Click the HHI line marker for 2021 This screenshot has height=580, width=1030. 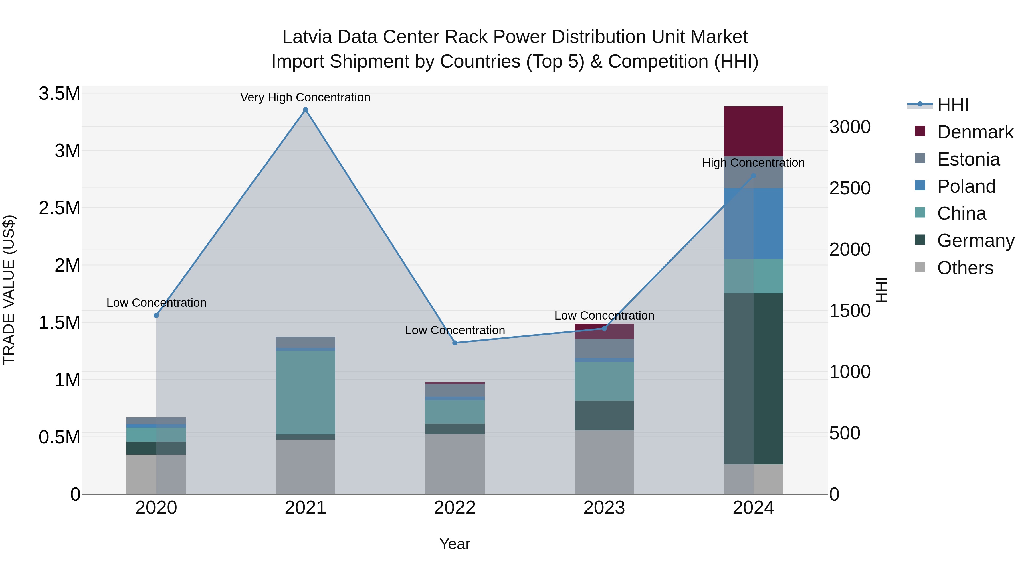pyautogui.click(x=306, y=110)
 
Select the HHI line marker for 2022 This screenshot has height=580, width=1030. pyautogui.click(x=455, y=343)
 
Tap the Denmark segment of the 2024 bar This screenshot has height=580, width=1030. pyautogui.click(x=753, y=131)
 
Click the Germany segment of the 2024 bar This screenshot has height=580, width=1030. pyautogui.click(x=753, y=378)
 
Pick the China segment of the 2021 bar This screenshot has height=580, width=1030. pyautogui.click(x=306, y=392)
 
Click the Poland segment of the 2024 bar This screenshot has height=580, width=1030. pyautogui.click(x=753, y=223)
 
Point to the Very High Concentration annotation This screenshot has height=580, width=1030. pyautogui.click(x=306, y=97)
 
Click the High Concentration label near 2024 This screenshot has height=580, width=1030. pyautogui.click(x=753, y=163)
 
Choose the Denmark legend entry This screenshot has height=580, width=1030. pyautogui.click(x=975, y=132)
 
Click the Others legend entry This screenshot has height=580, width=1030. pyautogui.click(x=965, y=268)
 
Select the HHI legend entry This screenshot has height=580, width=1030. pyautogui.click(x=953, y=105)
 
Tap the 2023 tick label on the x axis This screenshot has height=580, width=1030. pyautogui.click(x=604, y=508)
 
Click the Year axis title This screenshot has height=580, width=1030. pyautogui.click(x=455, y=544)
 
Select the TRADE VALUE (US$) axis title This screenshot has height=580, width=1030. pyautogui.click(x=9, y=290)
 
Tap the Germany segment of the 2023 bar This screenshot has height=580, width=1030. pyautogui.click(x=604, y=416)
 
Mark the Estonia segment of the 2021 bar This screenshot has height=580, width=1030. pyautogui.click(x=306, y=342)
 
